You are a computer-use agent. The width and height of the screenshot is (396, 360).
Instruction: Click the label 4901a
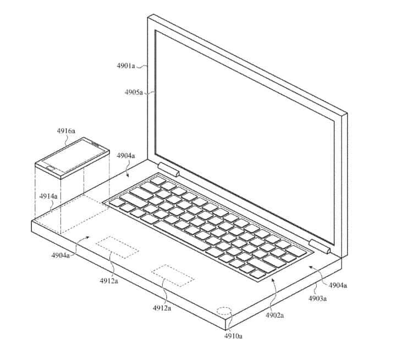[x=126, y=66]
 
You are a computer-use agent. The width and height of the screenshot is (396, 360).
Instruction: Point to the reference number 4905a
[x=134, y=92]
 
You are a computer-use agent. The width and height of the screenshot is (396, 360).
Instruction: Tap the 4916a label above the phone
[x=67, y=131]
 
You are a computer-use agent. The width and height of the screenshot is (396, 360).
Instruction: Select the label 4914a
[x=48, y=196]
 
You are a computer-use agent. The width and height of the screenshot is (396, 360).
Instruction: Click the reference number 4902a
[x=274, y=315]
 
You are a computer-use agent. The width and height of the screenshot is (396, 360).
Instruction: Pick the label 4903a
[x=317, y=299]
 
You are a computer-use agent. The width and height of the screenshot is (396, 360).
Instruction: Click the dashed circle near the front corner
[x=224, y=311]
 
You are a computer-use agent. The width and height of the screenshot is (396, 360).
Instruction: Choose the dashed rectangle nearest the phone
[x=117, y=248]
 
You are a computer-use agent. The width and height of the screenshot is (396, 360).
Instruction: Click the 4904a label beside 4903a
[x=338, y=285]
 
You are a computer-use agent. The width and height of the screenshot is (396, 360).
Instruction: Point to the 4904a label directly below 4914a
[x=60, y=255]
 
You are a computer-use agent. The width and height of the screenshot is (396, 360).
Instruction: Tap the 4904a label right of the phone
[x=125, y=156]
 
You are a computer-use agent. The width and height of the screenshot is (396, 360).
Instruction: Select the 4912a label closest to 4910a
[x=162, y=308]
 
